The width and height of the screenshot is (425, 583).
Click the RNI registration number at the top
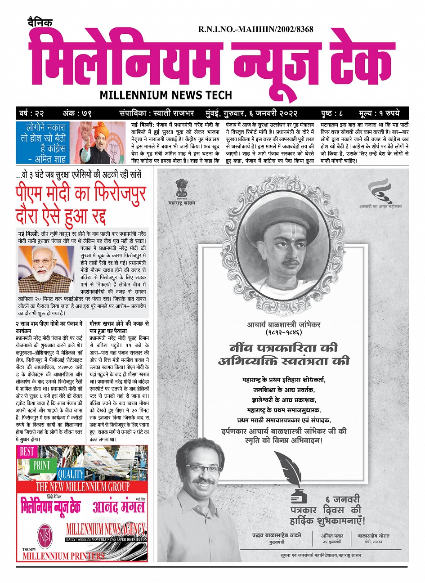(255, 29)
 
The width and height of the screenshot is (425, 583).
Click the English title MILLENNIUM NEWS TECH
(166, 95)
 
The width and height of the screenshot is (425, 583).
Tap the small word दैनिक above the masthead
(39, 22)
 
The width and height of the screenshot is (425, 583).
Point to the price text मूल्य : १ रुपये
(379, 113)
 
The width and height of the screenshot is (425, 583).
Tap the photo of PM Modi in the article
(46, 269)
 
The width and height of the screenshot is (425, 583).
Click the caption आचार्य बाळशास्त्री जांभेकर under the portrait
(283, 325)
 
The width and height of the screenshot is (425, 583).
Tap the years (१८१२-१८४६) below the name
(283, 333)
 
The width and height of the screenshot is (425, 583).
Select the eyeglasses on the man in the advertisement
(205, 468)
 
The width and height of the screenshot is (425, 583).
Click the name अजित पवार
(332, 536)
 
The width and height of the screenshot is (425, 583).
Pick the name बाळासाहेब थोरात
(373, 536)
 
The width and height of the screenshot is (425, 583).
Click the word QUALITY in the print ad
(71, 473)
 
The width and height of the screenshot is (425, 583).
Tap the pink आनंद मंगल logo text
(119, 507)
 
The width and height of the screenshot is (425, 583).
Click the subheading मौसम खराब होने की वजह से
(119, 324)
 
